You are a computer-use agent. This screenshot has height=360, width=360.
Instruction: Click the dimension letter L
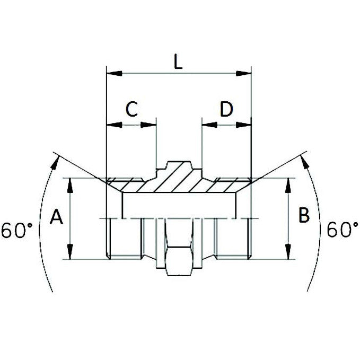pyautogui.click(x=178, y=63)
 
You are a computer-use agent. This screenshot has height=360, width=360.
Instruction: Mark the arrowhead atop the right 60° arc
pyautogui.click(x=306, y=160)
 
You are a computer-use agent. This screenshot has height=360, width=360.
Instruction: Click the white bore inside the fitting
pyautogui.click(x=179, y=206)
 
